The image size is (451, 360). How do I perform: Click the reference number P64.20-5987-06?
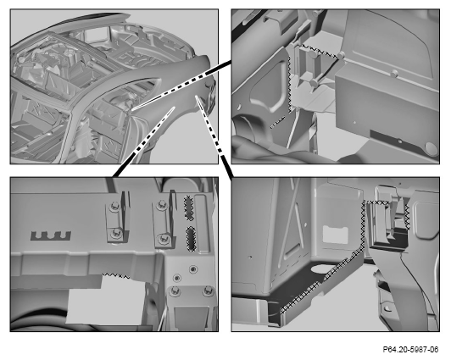410,350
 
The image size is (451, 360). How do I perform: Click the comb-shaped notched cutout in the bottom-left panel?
51,235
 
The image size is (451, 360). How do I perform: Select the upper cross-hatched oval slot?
188,208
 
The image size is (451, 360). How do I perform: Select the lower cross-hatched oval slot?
191,239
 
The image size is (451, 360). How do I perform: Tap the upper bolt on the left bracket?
114,206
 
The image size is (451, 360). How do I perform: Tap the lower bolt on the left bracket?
116,234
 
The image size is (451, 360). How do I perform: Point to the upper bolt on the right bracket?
161,205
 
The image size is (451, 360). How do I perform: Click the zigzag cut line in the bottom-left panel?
116,276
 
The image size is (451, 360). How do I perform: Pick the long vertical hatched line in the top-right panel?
289,83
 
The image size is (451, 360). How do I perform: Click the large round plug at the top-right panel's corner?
431,148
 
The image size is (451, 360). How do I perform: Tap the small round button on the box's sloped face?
394,74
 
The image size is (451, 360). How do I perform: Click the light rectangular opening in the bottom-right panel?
336,235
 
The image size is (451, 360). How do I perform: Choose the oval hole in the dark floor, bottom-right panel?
318,269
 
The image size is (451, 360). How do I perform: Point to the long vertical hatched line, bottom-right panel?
363,224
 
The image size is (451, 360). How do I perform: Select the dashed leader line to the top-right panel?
181,86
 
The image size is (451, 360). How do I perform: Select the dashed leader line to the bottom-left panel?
144,141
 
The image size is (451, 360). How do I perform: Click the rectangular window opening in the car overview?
94,35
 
